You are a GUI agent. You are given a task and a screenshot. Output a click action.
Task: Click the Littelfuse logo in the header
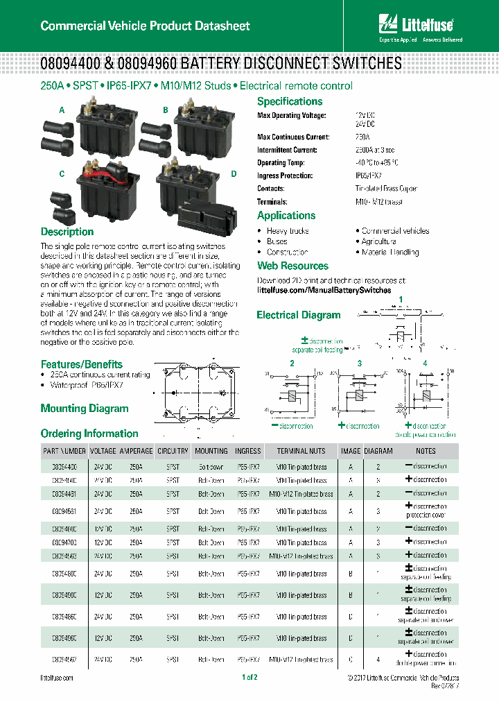415,26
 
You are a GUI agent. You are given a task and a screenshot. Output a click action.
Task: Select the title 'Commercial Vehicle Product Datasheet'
145,26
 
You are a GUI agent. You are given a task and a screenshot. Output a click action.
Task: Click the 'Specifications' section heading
290,101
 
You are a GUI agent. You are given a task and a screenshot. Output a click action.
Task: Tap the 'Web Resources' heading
292,266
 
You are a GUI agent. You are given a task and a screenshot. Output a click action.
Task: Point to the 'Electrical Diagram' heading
299,315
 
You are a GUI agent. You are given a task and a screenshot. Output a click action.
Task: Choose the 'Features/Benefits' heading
81,364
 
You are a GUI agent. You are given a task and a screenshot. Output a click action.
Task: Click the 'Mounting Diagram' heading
85,409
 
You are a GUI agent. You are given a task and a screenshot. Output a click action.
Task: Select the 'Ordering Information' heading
89,434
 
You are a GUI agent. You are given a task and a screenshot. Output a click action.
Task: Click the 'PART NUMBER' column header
64,451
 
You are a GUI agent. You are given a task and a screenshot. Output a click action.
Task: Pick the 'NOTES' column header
426,451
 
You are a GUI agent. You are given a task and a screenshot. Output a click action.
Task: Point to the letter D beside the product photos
234,173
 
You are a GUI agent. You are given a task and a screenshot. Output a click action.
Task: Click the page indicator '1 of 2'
249,677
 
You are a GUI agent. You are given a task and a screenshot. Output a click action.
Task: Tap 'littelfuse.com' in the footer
57,678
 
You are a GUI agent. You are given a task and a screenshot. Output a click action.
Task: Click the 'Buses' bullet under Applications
277,241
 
